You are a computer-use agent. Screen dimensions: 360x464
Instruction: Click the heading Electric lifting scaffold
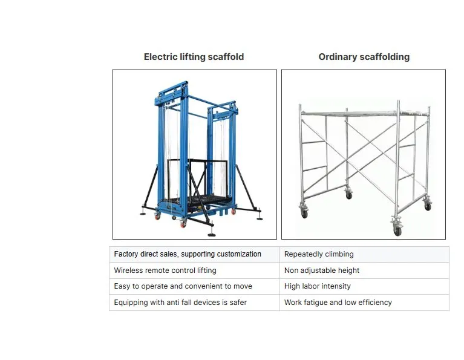coord(194,57)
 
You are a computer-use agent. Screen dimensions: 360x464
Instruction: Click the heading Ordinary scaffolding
coord(364,57)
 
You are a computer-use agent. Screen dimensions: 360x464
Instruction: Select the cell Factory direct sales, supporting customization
coord(188,254)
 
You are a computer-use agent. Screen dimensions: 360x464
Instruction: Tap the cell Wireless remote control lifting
coord(165,270)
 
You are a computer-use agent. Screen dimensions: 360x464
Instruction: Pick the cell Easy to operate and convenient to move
coord(183,286)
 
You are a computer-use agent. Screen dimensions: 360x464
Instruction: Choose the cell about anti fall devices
coord(180,302)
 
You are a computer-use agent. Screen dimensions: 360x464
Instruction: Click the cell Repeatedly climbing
coord(319,254)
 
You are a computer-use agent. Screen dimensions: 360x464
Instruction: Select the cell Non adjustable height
coord(322,270)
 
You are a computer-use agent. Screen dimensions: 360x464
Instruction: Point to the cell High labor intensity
coord(317,286)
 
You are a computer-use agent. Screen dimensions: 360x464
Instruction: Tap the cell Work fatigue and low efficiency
coord(338,302)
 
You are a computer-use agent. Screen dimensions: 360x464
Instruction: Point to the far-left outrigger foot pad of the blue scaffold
coord(144,212)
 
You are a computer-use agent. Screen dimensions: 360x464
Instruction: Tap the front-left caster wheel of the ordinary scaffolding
coord(304,214)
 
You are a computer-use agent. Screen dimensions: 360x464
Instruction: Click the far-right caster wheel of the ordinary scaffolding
coord(428,206)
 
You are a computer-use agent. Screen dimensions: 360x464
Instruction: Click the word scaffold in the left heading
coord(224,57)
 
